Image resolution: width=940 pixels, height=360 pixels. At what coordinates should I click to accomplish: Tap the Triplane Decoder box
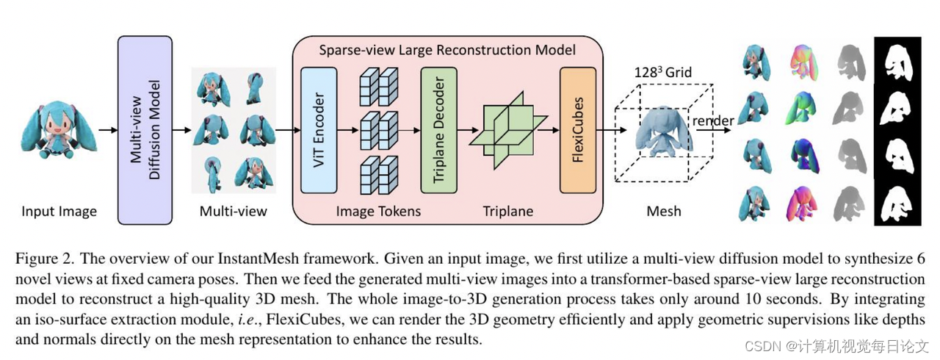[x=438, y=130]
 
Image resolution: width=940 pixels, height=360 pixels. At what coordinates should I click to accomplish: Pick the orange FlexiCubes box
[x=576, y=130]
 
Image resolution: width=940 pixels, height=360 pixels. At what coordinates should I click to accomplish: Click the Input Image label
[x=59, y=212]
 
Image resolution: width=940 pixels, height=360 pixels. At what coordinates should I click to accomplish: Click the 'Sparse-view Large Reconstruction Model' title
[x=447, y=51]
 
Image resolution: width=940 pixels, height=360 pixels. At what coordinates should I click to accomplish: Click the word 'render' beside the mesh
[x=709, y=120]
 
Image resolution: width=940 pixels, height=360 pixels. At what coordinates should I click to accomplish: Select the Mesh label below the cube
[x=663, y=212]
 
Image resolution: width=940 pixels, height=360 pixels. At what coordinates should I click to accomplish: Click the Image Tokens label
[x=378, y=212]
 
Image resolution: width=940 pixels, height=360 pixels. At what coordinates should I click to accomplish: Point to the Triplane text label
[x=507, y=212]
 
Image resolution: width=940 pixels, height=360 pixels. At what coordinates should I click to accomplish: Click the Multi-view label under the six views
[x=234, y=212]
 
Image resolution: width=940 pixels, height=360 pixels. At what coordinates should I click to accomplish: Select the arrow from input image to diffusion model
[x=107, y=130]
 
